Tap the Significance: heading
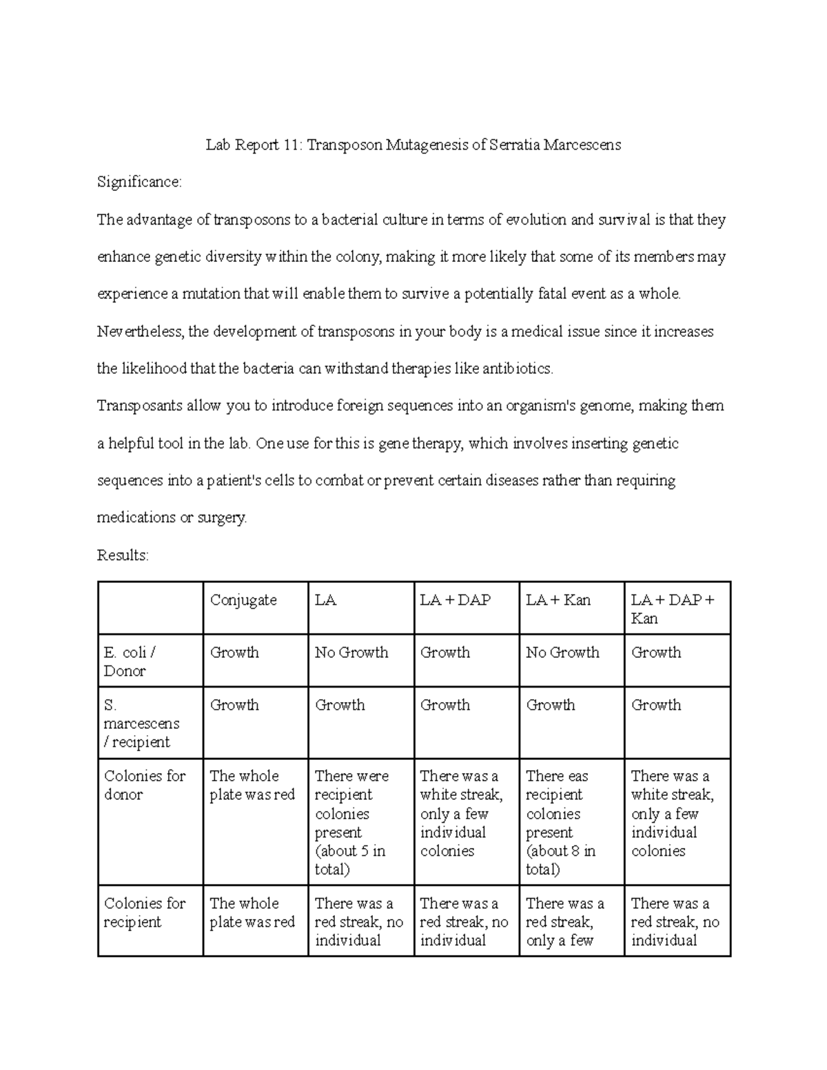coord(139,182)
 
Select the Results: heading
coord(123,555)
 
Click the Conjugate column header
coord(243,600)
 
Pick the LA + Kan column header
coord(558,600)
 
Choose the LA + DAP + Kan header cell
coord(672,608)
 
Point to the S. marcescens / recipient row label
coord(141,723)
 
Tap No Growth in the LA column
coord(351,652)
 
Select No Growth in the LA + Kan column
coord(562,652)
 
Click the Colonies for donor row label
coord(144,785)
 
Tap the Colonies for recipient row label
coord(144,912)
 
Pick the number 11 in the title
coord(291,145)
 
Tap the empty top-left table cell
coord(150,608)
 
